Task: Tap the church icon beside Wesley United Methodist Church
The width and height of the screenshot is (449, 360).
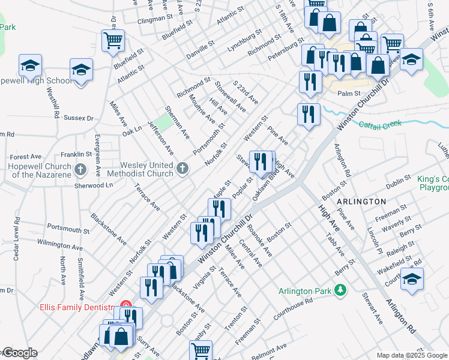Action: (183, 170)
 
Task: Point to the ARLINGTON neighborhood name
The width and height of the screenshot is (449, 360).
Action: (361, 201)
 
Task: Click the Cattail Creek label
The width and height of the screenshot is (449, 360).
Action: (379, 125)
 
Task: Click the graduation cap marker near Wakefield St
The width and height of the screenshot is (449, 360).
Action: (412, 279)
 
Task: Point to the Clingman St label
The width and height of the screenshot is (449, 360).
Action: (155, 19)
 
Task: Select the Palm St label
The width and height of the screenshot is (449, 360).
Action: (348, 94)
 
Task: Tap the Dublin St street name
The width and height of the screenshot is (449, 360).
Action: (399, 185)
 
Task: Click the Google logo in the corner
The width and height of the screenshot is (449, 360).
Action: (19, 353)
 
